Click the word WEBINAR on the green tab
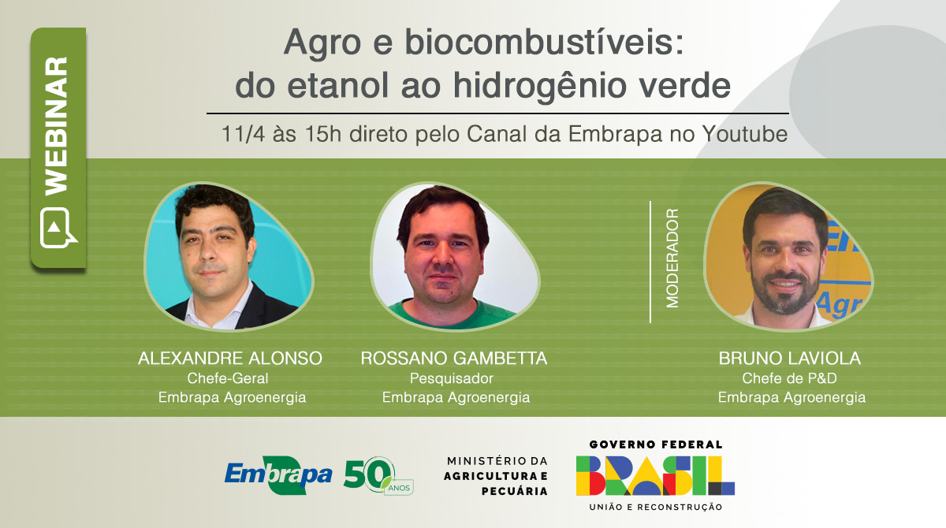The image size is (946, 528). click(x=57, y=126)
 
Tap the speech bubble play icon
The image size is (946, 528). click(x=58, y=228)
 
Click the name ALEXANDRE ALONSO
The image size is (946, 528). click(x=230, y=359)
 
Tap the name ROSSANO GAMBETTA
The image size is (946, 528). click(x=454, y=359)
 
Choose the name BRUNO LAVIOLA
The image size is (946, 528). click(x=790, y=359)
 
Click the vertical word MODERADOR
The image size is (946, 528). click(x=672, y=258)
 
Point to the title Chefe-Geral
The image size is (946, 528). click(x=230, y=378)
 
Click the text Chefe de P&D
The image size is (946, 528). click(x=789, y=378)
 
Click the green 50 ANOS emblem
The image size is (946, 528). click(x=377, y=474)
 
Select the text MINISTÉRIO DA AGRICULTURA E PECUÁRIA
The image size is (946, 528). click(x=497, y=475)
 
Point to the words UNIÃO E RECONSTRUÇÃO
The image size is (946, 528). click(x=655, y=507)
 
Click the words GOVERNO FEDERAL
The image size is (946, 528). click(x=655, y=444)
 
